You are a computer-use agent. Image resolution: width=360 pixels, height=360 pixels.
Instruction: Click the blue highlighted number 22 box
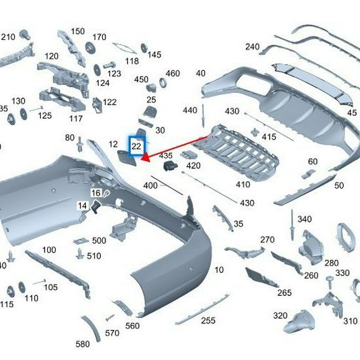[136, 147]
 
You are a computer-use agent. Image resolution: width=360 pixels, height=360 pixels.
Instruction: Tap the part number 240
[252, 46]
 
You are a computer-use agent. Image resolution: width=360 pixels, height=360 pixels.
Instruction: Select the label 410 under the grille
[243, 185]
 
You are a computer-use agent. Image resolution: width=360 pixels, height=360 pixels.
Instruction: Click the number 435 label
[166, 156]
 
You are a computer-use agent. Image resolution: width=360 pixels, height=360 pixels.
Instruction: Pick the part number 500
[99, 240]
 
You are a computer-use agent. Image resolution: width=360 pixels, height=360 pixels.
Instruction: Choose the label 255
[207, 320]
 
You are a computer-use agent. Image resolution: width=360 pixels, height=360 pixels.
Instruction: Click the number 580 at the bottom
[82, 344]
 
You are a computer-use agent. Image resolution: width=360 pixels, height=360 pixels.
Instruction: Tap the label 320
[280, 315]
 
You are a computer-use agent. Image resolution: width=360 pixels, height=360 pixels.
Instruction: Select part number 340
[304, 219]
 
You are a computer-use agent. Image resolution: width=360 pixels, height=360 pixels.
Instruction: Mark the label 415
[269, 137]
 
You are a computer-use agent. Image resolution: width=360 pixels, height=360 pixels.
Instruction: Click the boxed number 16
[96, 193]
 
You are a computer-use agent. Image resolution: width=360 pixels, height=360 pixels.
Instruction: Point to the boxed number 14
[82, 206]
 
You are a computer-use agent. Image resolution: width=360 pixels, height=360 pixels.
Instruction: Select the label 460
[173, 73]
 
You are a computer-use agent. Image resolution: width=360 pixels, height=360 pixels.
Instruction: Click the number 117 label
[76, 118]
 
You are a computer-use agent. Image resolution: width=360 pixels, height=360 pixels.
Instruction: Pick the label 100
[49, 250]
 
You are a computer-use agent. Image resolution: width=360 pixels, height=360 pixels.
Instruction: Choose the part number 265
[284, 293]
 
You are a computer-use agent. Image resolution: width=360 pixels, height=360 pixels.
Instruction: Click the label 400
[150, 186]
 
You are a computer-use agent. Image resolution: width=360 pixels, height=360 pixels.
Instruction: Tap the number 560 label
[132, 326]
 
